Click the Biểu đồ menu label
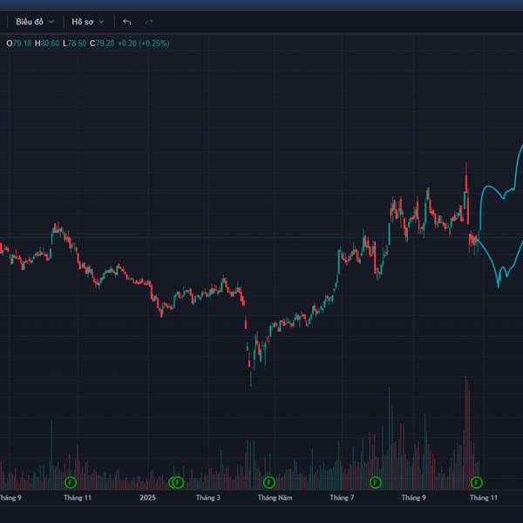(x=29, y=21)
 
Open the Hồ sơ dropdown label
(x=83, y=21)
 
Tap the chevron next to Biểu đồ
(x=51, y=21)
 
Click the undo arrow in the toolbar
(x=127, y=21)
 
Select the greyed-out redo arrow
(x=149, y=21)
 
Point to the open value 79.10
(x=21, y=43)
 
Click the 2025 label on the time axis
(x=147, y=499)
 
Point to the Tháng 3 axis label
(x=207, y=499)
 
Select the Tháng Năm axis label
(x=275, y=499)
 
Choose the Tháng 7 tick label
(x=342, y=499)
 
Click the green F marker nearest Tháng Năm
(x=269, y=482)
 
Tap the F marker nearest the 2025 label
(x=176, y=482)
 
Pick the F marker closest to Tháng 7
(x=376, y=482)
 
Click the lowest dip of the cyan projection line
(x=500, y=284)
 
